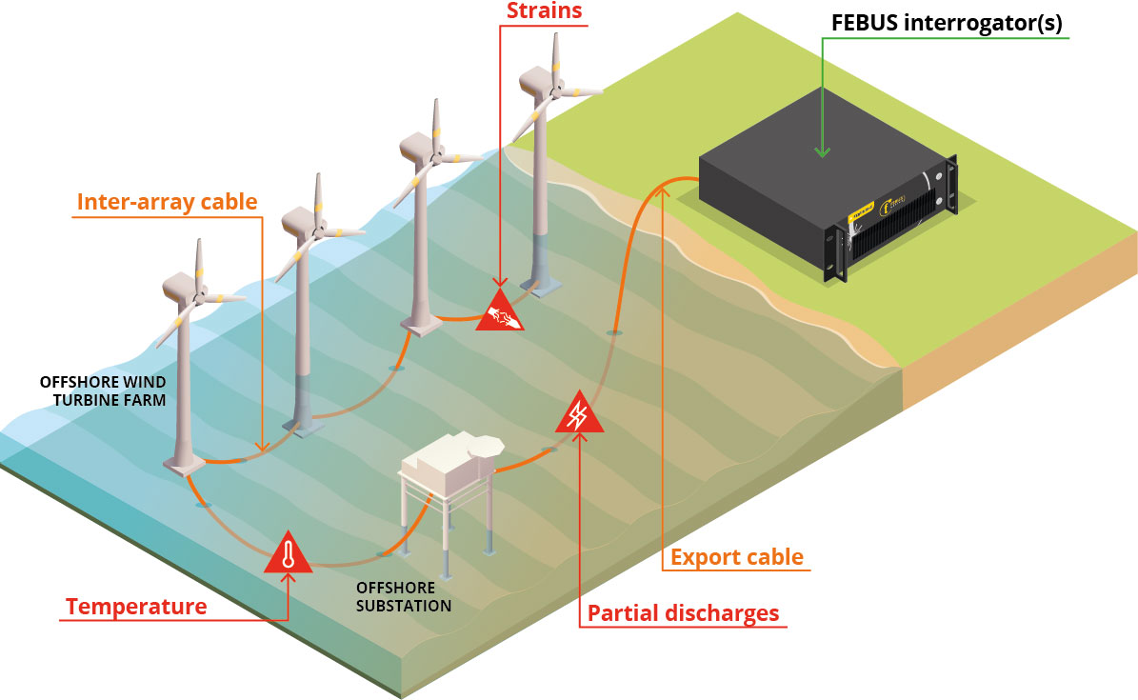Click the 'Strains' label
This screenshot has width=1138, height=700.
pyautogui.click(x=544, y=12)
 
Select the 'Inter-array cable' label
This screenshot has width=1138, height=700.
pyautogui.click(x=167, y=202)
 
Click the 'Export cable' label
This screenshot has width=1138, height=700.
pyautogui.click(x=737, y=557)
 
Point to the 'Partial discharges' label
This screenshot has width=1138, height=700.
pyautogui.click(x=683, y=613)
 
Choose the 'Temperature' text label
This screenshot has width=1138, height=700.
pyautogui.click(x=136, y=607)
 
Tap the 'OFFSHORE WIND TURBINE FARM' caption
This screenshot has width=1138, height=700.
pyautogui.click(x=103, y=390)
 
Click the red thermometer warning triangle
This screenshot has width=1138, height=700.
pyautogui.click(x=289, y=553)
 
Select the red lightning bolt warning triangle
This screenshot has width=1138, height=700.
pyautogui.click(x=578, y=414)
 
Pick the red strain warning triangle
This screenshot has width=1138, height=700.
pyautogui.click(x=500, y=311)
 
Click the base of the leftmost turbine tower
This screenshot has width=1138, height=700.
pyautogui.click(x=185, y=463)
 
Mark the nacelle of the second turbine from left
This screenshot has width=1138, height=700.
pyautogui.click(x=299, y=226)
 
